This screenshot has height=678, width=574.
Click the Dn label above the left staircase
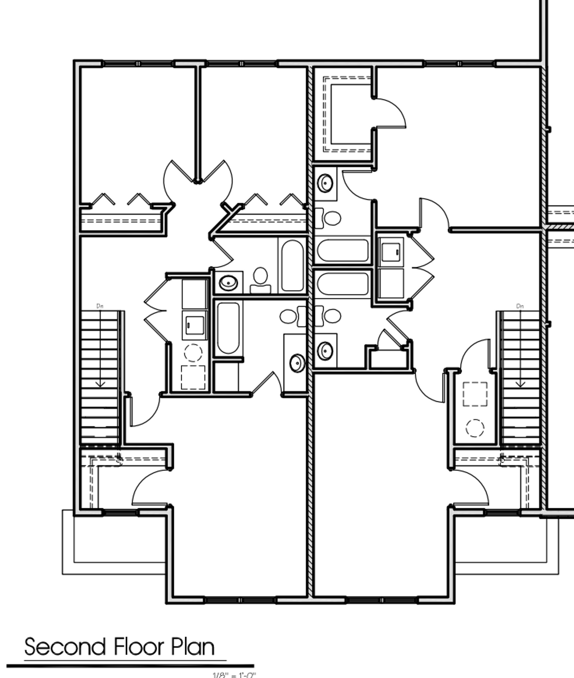pos(100,306)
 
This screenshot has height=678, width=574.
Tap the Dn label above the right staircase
pos(520,306)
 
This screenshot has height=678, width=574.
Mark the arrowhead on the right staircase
pos(520,384)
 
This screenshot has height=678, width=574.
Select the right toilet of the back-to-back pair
pos(332,316)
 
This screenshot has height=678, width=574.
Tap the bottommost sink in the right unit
pos(325,351)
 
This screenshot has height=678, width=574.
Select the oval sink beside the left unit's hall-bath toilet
pos(228,283)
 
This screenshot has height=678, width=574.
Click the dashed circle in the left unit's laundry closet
pos(193,352)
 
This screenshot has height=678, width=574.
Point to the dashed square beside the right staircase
pos(475,394)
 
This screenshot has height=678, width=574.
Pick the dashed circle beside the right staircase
pos(475,428)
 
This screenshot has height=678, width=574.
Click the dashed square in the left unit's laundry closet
pos(193,377)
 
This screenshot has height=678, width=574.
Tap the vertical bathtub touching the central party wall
pos(292,265)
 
